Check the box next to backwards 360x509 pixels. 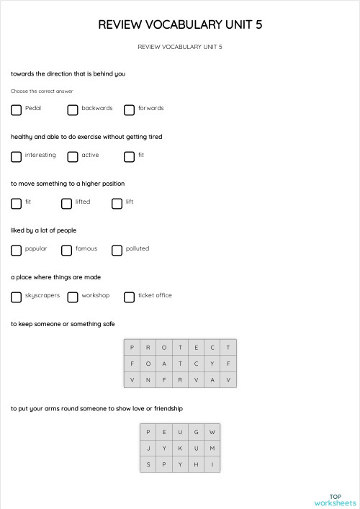pos(73,110)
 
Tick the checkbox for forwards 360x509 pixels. pos(130,110)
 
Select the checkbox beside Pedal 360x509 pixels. pos(17,110)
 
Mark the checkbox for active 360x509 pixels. pos(73,157)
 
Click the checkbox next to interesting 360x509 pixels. pos(17,157)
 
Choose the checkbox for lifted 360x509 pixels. pos(66,204)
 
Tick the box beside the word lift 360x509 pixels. pos(117,204)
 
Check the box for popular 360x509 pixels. pos(17,251)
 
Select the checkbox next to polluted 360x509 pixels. pos(117,251)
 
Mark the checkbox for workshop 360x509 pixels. pos(73,297)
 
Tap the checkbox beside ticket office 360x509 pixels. pos(130,297)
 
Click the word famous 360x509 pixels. pos(86,249)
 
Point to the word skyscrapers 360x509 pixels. pos(42,296)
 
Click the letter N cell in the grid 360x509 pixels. pos(148,379)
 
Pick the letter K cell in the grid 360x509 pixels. pos(180,449)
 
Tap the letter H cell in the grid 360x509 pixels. pos(196,464)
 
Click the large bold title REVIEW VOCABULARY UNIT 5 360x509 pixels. pos(180,25)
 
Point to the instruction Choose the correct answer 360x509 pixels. pos(42,91)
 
